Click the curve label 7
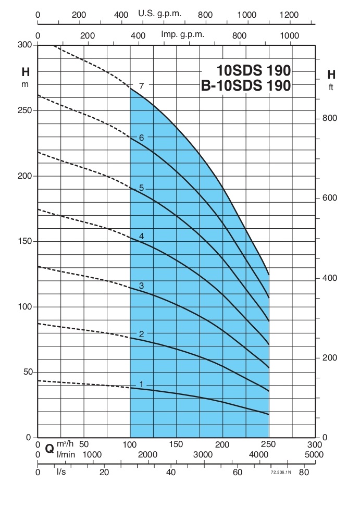[x=141, y=85]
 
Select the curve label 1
[x=141, y=384]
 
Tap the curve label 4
[x=141, y=236]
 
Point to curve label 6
[x=141, y=138]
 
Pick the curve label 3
[x=141, y=286]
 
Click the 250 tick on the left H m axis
[x=28, y=111]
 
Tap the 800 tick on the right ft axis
[x=330, y=118]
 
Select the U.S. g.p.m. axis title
[x=159, y=14]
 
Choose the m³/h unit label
[x=66, y=444]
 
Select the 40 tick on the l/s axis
[x=170, y=473]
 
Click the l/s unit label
[x=61, y=473]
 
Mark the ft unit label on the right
[x=331, y=87]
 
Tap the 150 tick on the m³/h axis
[x=176, y=444]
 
